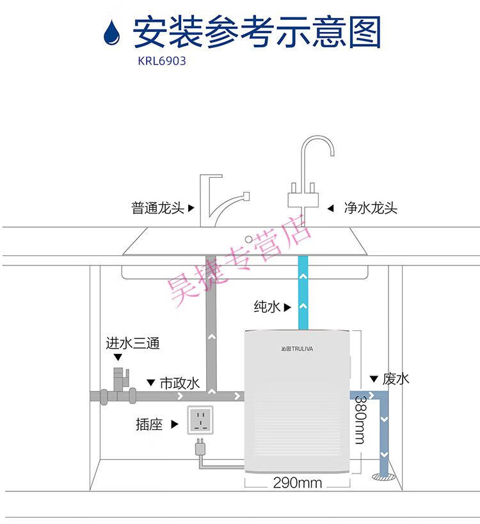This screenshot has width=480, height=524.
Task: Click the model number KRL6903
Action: pyautogui.click(x=162, y=61)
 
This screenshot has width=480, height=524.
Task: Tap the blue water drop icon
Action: pyautogui.click(x=111, y=32)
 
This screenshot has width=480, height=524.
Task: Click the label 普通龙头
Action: pyautogui.click(x=157, y=208)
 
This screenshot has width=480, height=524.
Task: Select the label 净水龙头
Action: pyautogui.click(x=371, y=208)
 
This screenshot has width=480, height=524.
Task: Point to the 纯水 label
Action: pyautogui.click(x=266, y=306)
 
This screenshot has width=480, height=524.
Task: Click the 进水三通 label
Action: pyautogui.click(x=132, y=343)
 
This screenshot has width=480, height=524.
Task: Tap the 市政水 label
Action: pyautogui.click(x=179, y=383)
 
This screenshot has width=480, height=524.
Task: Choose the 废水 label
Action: pyautogui.click(x=396, y=379)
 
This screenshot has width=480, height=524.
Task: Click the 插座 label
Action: pyautogui.click(x=149, y=424)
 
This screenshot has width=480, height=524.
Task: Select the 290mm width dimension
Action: pyautogui.click(x=297, y=482)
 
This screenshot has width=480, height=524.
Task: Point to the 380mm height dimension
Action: pyautogui.click(x=360, y=420)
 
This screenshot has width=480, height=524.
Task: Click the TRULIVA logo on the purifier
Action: pyautogui.click(x=297, y=349)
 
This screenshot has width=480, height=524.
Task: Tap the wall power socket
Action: pyautogui.click(x=200, y=420)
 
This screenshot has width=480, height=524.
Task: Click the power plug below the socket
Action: pyautogui.click(x=200, y=447)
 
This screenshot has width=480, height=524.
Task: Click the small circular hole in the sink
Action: pyautogui.click(x=248, y=239)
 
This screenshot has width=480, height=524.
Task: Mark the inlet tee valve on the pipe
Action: pyautogui.click(x=120, y=379)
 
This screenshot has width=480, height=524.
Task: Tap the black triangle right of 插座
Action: pyautogui.click(x=175, y=424)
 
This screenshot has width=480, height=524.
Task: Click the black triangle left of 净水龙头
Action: pyautogui.click(x=331, y=209)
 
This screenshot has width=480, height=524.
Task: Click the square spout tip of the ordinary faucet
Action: pyautogui.click(x=246, y=196)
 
